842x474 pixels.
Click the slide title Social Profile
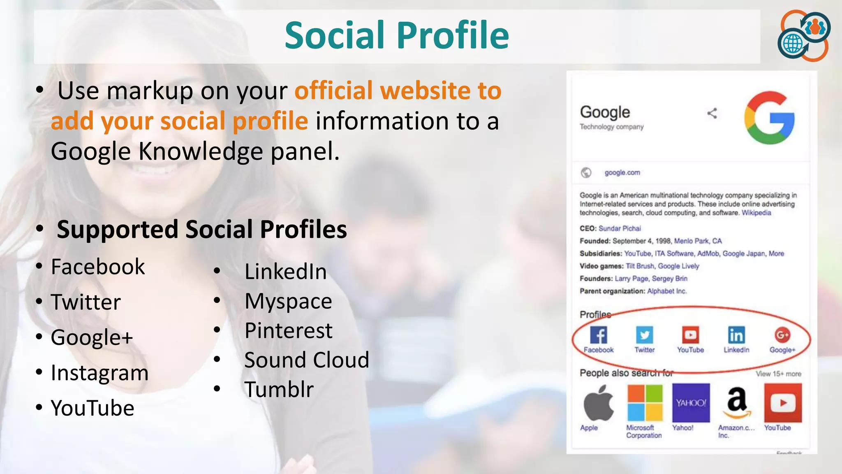coord(397,35)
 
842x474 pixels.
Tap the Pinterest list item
coord(288,331)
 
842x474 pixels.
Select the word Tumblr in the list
coord(279,390)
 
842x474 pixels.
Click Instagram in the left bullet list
coord(99,373)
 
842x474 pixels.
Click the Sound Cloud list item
coord(307,360)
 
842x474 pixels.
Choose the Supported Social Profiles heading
coord(201,229)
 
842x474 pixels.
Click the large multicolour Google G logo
coord(769,118)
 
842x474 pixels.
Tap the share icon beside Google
coord(712,114)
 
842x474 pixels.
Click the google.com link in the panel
coord(622,173)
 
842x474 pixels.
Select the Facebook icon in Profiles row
coord(599,335)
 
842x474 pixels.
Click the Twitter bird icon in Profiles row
coord(644,335)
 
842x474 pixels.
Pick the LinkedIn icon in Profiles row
coord(736,335)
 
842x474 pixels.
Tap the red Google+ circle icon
coord(782,335)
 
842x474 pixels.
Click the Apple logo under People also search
coord(598,403)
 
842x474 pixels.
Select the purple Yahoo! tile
coord(691,403)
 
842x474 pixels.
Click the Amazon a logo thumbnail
coord(737,403)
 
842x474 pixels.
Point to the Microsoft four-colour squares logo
coord(645,403)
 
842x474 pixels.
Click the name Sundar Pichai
coord(620,228)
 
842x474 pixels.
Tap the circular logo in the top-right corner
coord(804,36)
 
